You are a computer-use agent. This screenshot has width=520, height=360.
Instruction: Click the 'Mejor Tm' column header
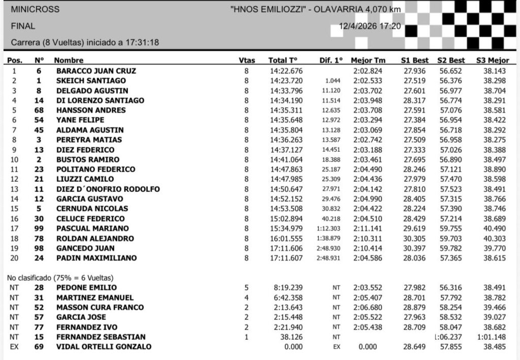(368, 60)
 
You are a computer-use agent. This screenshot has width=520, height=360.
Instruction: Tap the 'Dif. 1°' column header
(332, 60)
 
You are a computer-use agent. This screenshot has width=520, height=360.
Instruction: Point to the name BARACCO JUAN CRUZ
(96, 71)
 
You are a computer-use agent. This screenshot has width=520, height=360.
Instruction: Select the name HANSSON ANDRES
(91, 110)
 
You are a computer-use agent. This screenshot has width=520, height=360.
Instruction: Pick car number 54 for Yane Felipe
(39, 120)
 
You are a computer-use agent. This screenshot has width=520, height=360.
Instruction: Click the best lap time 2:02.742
(369, 140)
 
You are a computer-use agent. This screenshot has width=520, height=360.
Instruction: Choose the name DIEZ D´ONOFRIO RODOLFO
(108, 189)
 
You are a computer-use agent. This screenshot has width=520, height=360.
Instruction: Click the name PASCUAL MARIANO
(92, 228)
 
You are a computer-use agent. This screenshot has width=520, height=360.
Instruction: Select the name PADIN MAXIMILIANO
(96, 258)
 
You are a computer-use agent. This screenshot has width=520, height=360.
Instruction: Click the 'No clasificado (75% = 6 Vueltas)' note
(59, 278)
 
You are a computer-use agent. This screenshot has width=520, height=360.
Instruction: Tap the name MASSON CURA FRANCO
(100, 307)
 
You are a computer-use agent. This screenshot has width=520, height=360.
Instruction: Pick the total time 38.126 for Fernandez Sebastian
(291, 337)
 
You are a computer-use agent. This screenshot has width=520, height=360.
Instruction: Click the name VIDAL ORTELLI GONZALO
(104, 347)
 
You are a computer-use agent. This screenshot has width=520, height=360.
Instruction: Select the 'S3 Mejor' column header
(491, 60)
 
